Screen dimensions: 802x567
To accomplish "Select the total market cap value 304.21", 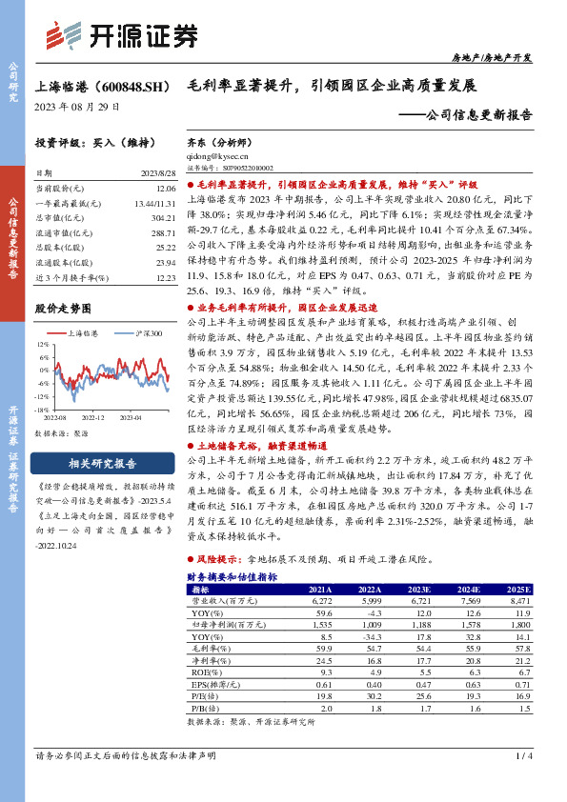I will (x=165, y=217).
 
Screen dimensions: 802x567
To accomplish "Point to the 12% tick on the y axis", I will (x=42, y=344).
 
